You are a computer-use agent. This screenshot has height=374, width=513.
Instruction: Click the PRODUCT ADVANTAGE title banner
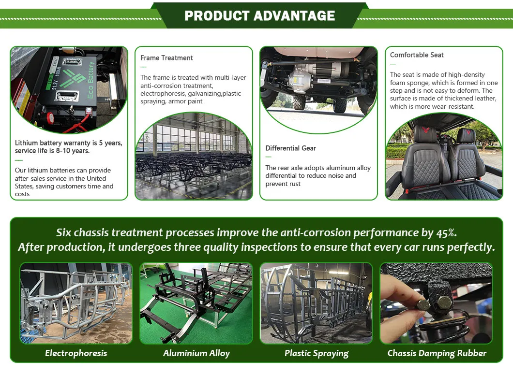(x=259, y=15)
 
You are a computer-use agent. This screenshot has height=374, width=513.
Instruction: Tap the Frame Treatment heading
(x=166, y=58)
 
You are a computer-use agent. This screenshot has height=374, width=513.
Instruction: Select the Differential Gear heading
(x=290, y=148)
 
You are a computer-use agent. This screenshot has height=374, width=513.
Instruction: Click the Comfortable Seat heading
(x=417, y=55)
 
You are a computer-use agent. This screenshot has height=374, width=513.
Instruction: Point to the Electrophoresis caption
(x=76, y=353)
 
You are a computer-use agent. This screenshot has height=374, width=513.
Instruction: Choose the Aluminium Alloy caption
(x=196, y=353)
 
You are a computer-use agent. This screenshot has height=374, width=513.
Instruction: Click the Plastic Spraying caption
(x=317, y=353)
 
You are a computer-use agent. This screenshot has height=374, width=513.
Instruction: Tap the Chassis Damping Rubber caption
(x=437, y=353)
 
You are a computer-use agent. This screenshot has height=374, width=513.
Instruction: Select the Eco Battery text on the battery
(x=91, y=80)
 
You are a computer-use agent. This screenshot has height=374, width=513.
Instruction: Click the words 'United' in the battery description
(x=96, y=178)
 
